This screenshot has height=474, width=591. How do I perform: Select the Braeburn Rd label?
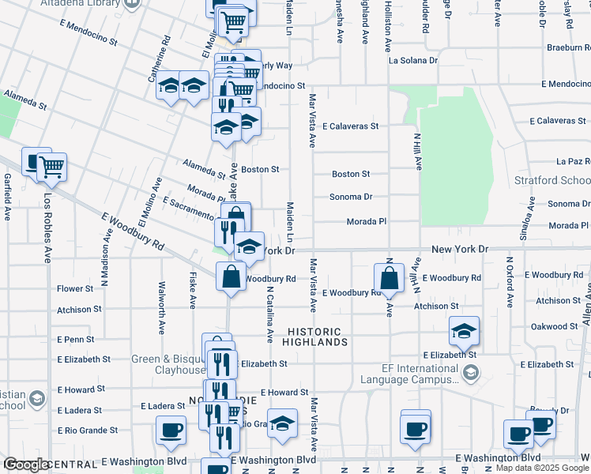(x=568, y=47)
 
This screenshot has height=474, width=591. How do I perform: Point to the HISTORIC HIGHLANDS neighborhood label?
(x=314, y=337)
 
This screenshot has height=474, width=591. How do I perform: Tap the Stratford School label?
(x=552, y=180)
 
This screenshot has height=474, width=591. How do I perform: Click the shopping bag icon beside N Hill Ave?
(x=389, y=279)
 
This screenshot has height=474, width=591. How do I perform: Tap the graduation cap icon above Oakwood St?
(x=464, y=332)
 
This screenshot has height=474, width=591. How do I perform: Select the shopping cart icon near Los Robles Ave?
(x=52, y=167)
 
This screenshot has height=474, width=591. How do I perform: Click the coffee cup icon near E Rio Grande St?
(x=171, y=431)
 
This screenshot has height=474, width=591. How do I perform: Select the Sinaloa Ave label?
(x=522, y=224)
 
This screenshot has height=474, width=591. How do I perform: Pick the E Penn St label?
(x=75, y=340)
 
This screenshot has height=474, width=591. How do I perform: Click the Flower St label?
(x=74, y=289)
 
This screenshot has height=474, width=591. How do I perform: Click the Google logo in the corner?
(x=27, y=465)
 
